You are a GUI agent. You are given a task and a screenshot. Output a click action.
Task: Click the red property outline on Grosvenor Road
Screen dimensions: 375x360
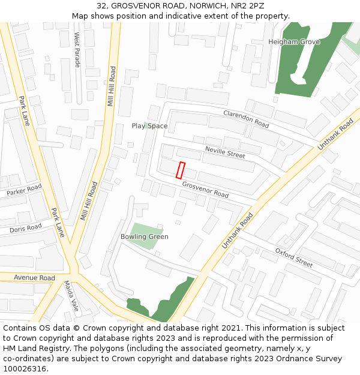pyautogui.click(x=180, y=170)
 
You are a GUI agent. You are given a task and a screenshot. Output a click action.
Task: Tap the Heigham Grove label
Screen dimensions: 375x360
pyautogui.click(x=294, y=42)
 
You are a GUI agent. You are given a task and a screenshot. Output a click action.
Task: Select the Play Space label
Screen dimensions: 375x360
pyautogui.click(x=149, y=126)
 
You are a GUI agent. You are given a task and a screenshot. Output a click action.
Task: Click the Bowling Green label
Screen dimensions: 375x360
pyautogui.click(x=144, y=236)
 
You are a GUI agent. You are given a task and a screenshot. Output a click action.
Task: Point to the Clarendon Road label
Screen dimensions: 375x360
pyautogui.click(x=246, y=119)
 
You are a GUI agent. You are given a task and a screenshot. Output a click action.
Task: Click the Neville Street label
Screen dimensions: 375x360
pyautogui.click(x=225, y=152)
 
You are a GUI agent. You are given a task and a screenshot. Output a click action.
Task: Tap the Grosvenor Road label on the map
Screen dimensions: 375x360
pyautogui.click(x=205, y=190)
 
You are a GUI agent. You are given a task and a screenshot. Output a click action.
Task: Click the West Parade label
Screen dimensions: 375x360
pyautogui.click(x=77, y=50)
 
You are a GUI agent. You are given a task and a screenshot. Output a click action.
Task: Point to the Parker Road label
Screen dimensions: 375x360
pyautogui.click(x=25, y=191)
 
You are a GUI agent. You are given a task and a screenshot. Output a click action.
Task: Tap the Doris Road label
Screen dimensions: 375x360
pyautogui.click(x=26, y=228)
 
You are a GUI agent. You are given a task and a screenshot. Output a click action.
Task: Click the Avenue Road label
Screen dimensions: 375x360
pyautogui.click(x=34, y=278)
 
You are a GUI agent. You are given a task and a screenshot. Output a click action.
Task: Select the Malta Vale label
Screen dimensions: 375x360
pyautogui.click(x=71, y=296)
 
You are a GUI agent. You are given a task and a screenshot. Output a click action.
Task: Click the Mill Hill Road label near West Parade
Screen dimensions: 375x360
pyautogui.click(x=111, y=87)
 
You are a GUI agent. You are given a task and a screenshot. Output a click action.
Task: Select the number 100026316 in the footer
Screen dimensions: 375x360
pyautogui.click(x=25, y=369)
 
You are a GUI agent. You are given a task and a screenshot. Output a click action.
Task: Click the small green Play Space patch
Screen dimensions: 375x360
pyautogui.click(x=145, y=124)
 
